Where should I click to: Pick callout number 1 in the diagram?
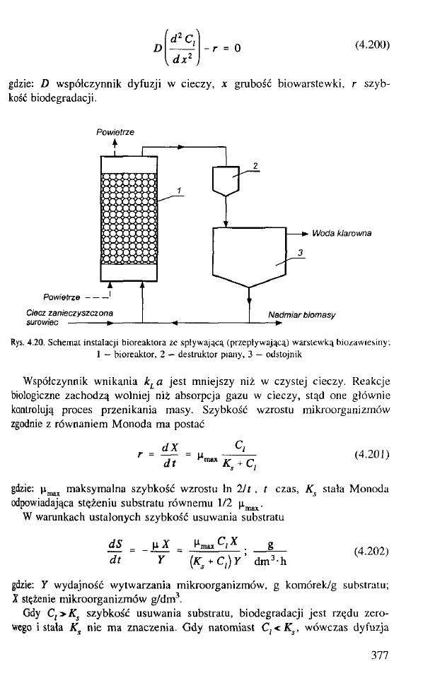180,190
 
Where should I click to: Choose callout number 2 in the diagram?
254,165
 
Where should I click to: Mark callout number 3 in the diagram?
301,253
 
